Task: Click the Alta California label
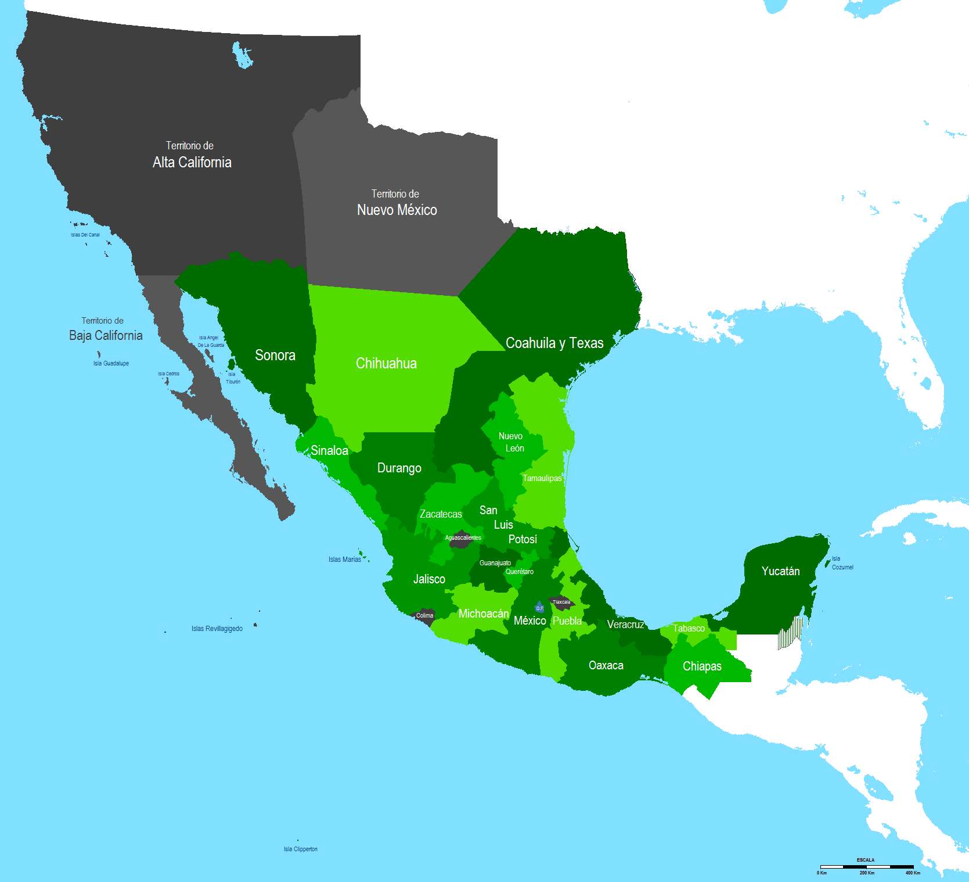click(x=192, y=162)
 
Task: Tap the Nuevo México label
click(x=397, y=210)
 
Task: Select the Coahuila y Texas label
click(x=554, y=343)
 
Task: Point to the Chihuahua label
click(x=386, y=363)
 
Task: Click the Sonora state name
click(x=275, y=355)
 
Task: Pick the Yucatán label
click(x=780, y=571)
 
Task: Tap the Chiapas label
click(x=702, y=666)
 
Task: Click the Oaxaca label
click(x=606, y=665)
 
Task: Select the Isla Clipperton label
click(x=300, y=849)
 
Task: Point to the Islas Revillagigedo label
click(x=217, y=629)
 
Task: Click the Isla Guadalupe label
click(x=111, y=363)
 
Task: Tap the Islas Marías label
click(x=345, y=560)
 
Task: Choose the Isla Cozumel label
click(x=842, y=563)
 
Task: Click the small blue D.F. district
click(x=539, y=607)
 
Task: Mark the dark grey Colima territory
click(x=424, y=616)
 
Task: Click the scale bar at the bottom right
click(x=866, y=866)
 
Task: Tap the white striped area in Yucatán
click(x=790, y=633)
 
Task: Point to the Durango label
click(x=399, y=468)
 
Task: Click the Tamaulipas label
click(x=542, y=478)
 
